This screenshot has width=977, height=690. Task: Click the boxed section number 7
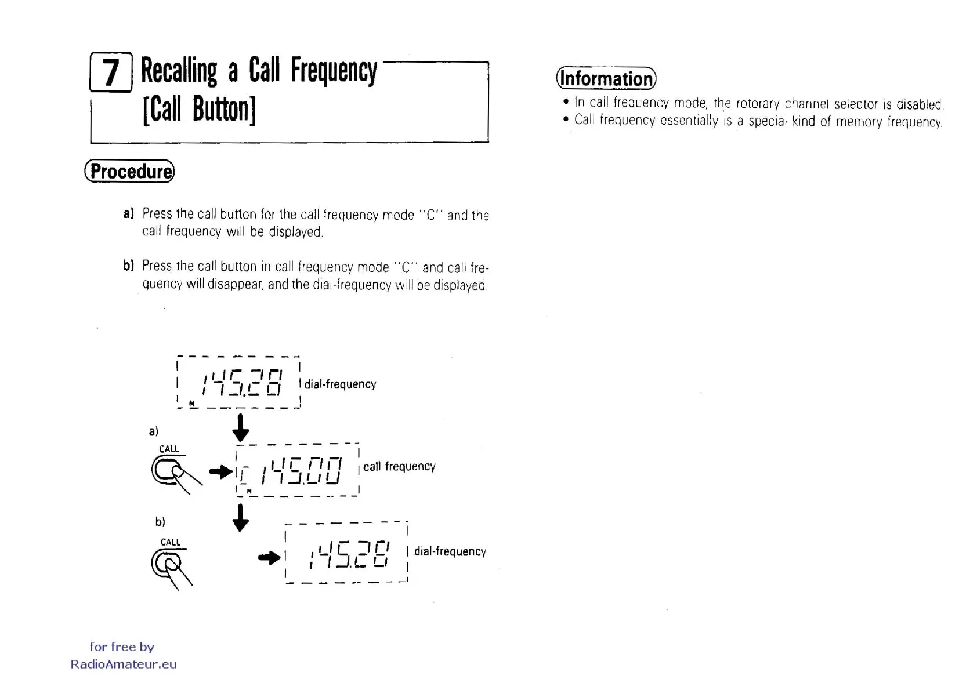pyautogui.click(x=111, y=72)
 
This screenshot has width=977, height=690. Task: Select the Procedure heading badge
pyautogui.click(x=129, y=171)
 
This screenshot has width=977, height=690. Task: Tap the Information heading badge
pyautogui.click(x=606, y=78)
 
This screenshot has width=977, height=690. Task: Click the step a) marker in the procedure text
pyautogui.click(x=128, y=213)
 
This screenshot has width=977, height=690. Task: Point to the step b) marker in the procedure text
pyautogui.click(x=128, y=266)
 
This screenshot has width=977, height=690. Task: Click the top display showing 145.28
pyautogui.click(x=238, y=383)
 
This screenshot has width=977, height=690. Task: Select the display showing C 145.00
pyautogui.click(x=297, y=470)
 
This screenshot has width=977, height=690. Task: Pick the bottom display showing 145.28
pyautogui.click(x=346, y=553)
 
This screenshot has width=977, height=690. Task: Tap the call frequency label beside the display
pyautogui.click(x=399, y=467)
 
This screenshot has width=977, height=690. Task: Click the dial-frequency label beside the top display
pyautogui.click(x=340, y=384)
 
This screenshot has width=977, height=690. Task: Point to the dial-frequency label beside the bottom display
pyautogui.click(x=450, y=551)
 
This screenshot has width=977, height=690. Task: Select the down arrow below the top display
pyautogui.click(x=240, y=428)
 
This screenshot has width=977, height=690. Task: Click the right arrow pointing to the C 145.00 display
pyautogui.click(x=220, y=471)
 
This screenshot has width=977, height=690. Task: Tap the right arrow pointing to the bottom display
pyautogui.click(x=269, y=558)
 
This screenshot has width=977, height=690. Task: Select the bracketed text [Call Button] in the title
pyautogui.click(x=199, y=109)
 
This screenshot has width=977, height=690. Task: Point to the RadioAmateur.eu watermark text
pyautogui.click(x=124, y=664)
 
